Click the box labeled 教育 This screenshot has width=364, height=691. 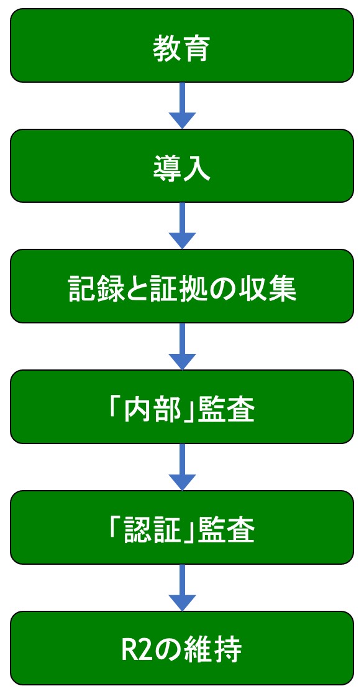point(182,45)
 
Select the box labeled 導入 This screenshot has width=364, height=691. point(182,165)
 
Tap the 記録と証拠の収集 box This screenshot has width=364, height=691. point(182,287)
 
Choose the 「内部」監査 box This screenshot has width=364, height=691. point(182,407)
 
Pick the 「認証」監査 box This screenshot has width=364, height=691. point(182,527)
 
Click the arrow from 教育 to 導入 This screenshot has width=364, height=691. point(182,106)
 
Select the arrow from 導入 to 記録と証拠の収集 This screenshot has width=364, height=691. point(182,226)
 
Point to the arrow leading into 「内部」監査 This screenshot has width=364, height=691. point(182,346)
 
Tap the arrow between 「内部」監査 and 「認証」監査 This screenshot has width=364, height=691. point(182,467)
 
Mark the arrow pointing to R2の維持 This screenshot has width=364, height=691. point(182,587)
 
